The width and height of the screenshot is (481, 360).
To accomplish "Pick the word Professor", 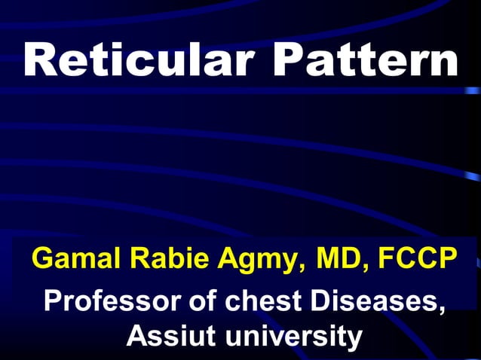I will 112,301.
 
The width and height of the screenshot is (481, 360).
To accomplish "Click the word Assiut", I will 169,335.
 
